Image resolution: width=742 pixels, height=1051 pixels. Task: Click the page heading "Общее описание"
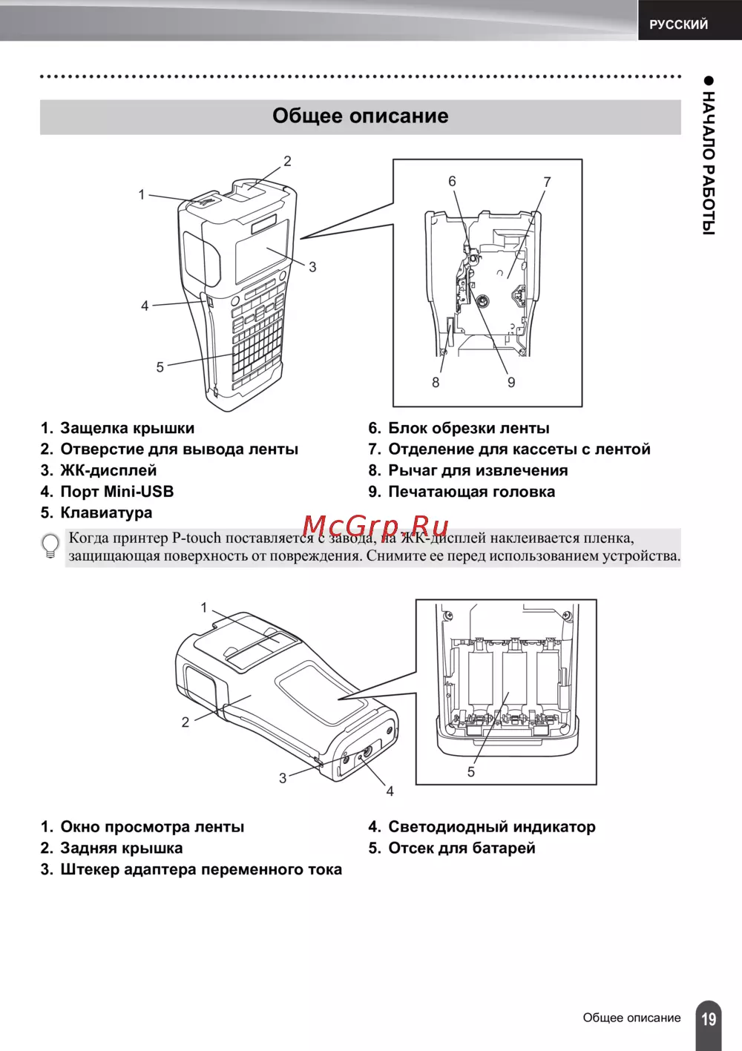click(x=360, y=116)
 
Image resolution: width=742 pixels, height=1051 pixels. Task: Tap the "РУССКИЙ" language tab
click(x=678, y=24)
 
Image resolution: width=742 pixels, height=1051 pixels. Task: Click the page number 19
click(x=709, y=1018)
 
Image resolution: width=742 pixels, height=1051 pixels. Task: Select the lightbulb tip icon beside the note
click(x=50, y=546)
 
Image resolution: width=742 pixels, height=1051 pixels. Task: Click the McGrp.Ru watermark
click(x=375, y=526)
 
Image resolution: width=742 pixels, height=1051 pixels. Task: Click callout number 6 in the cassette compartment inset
click(x=452, y=181)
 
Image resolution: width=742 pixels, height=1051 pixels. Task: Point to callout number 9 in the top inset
click(x=511, y=382)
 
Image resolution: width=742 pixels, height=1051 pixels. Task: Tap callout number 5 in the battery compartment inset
click(x=470, y=772)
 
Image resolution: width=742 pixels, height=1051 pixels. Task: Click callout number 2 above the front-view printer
click(x=287, y=161)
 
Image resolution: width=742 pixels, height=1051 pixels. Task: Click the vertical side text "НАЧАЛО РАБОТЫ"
click(x=709, y=163)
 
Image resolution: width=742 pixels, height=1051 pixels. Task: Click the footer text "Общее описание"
click(x=631, y=1018)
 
